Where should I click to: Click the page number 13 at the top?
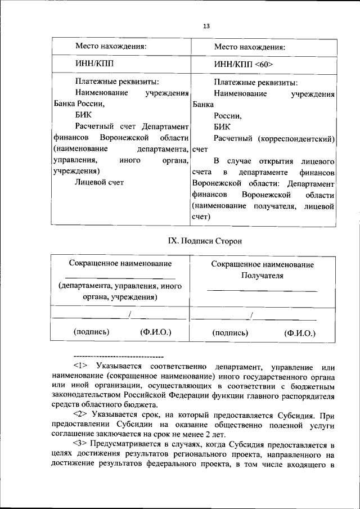pos(206,26)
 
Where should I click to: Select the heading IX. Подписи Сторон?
pos(205,241)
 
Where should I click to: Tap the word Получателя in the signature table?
pos(262,276)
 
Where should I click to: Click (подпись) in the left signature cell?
pos(91,332)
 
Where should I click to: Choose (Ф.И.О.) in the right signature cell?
pos(300,332)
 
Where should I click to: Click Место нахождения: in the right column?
pos(249,47)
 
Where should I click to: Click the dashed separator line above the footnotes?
pos(118,357)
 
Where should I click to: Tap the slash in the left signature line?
pos(129,314)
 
